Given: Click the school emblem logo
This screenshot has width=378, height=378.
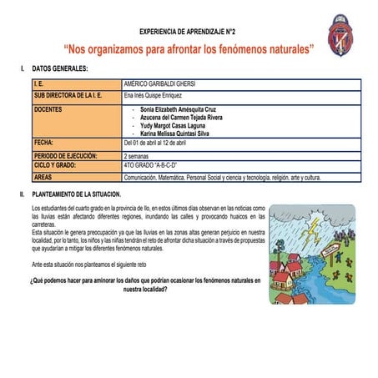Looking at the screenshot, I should tap(339, 31).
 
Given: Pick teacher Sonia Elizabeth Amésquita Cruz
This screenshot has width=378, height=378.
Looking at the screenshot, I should tap(179, 109).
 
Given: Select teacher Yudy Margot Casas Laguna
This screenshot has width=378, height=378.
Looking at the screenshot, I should tap(177, 125).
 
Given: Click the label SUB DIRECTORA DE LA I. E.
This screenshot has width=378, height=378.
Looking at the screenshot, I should tap(68, 97).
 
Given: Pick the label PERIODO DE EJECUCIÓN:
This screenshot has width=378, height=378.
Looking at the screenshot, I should tap(66, 156).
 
